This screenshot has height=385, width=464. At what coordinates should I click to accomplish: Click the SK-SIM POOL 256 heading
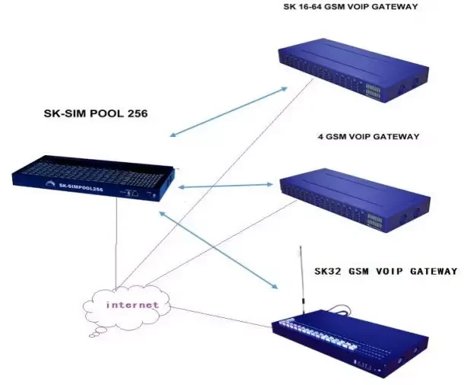(94, 114)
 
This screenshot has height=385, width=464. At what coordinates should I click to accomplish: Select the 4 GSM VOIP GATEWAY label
(368, 137)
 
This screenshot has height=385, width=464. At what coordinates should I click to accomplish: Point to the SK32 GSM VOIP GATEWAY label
(386, 271)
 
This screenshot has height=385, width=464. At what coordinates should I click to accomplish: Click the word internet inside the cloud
(132, 304)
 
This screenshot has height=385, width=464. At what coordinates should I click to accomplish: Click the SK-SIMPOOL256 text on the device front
(75, 187)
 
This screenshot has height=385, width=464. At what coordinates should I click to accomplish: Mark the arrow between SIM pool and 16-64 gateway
(227, 113)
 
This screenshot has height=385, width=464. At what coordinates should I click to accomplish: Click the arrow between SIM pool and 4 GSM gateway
(225, 185)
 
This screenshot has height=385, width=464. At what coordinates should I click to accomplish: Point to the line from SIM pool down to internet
(116, 243)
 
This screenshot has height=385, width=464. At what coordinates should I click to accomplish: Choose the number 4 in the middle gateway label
(320, 137)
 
